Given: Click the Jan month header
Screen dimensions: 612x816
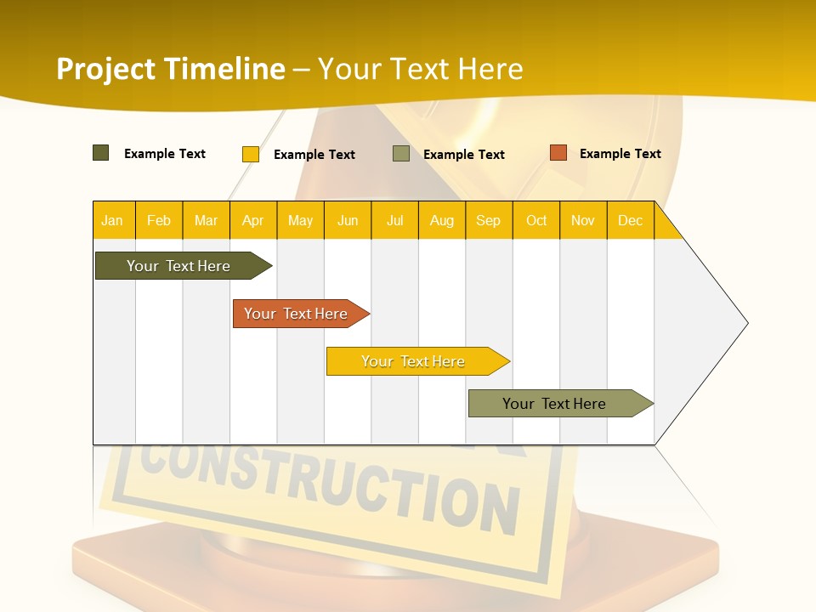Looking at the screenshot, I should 113,220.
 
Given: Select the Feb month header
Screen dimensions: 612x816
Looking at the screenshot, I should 159,220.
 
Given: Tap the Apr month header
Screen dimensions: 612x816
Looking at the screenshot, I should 253,220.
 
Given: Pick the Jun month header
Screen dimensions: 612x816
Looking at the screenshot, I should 348,220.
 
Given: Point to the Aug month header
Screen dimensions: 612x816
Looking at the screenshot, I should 442,220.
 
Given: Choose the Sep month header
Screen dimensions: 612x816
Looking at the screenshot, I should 489,220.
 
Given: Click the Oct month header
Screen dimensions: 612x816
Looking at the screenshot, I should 536,220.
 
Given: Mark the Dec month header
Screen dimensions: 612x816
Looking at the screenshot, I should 631,220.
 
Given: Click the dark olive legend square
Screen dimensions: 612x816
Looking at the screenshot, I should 101,153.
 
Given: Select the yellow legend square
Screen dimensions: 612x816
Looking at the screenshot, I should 251,154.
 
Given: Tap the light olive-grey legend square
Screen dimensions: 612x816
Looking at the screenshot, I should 401,154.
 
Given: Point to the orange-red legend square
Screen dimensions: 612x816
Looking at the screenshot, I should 558,153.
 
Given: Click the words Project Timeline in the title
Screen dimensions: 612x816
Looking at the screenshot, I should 171,69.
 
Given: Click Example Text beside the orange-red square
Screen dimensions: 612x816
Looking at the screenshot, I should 620,154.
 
